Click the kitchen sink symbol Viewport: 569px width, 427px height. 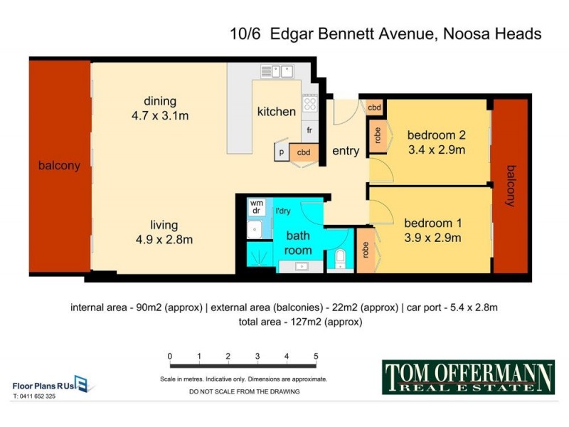(x=277, y=70)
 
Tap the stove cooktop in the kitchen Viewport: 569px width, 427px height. (x=309, y=105)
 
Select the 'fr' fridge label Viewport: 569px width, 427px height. (x=309, y=130)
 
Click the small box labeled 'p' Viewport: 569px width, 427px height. (x=282, y=152)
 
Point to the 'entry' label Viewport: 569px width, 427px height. (x=346, y=151)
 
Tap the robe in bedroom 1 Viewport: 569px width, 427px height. (x=364, y=249)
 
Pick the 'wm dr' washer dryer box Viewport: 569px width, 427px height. (x=256, y=207)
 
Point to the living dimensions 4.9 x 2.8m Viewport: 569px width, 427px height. (x=164, y=239)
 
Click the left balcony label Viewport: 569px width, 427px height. (x=60, y=166)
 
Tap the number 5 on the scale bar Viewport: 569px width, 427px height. (x=316, y=356)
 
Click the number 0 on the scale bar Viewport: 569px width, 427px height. (x=169, y=356)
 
